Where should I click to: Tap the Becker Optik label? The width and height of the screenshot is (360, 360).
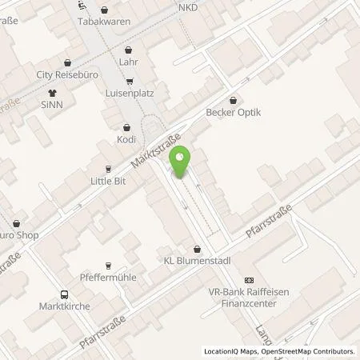coord(233,113)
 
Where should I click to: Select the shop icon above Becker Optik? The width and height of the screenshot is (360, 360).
coord(233,101)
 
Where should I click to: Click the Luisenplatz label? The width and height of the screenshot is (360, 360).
coord(130,93)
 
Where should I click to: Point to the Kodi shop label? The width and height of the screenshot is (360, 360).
coord(127,139)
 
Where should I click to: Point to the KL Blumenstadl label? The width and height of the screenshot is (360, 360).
coord(196,261)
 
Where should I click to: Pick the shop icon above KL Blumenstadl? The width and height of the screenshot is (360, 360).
coord(196,249)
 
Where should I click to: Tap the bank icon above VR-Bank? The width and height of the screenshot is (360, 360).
coord(248,280)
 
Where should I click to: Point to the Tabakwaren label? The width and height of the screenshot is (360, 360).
coord(98,22)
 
